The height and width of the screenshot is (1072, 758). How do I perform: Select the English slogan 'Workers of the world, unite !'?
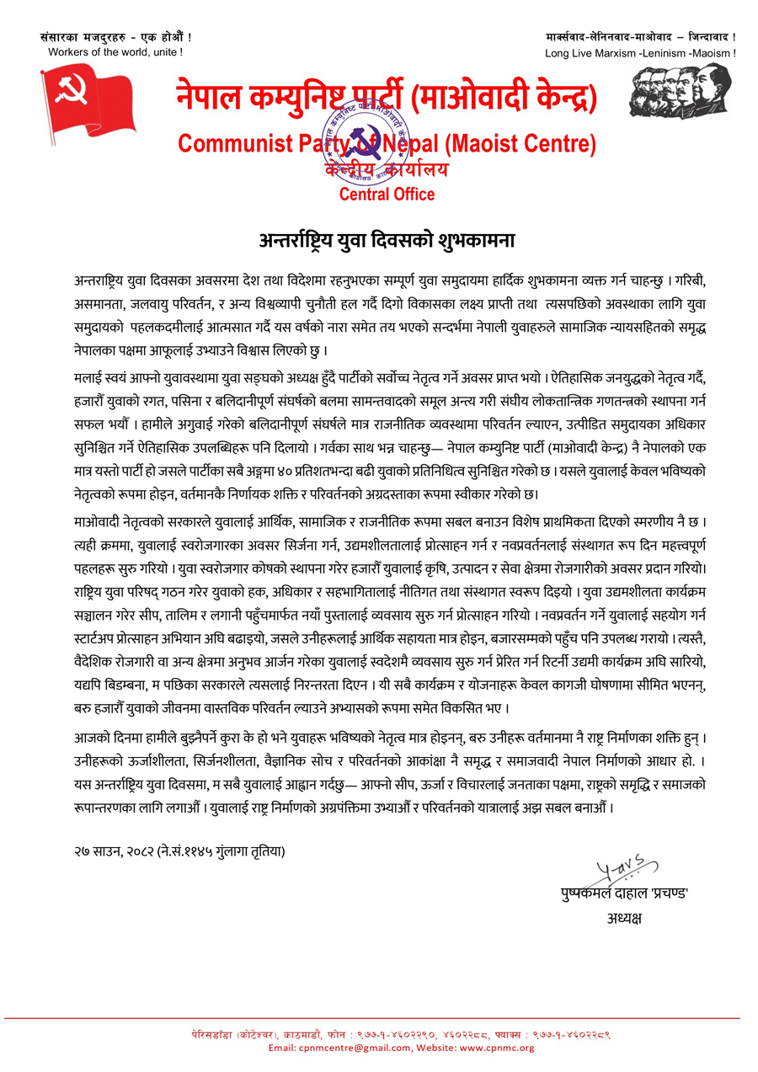pyautogui.click(x=115, y=52)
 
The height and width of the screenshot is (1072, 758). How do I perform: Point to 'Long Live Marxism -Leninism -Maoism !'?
pyautogui.click(x=640, y=53)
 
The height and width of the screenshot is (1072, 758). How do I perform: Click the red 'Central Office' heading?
pyautogui.click(x=387, y=195)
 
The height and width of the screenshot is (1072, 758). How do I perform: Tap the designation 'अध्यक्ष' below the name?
pyautogui.click(x=623, y=917)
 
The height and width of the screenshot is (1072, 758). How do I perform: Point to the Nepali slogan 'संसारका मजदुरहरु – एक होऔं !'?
pyautogui.click(x=115, y=37)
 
